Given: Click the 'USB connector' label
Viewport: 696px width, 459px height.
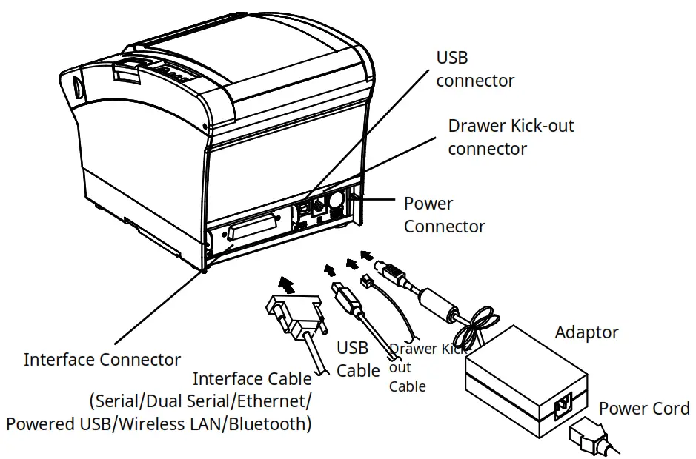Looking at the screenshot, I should point(474,69).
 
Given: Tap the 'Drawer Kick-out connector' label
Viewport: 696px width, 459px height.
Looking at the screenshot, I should point(510,137).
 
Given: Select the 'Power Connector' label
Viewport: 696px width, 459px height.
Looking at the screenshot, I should point(444,215).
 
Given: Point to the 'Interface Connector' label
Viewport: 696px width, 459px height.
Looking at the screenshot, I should point(102,360).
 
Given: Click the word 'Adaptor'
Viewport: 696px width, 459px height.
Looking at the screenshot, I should point(586,333).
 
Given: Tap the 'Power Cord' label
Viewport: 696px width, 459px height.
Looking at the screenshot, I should point(643,408).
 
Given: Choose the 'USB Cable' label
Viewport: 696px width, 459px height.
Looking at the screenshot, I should point(358,359).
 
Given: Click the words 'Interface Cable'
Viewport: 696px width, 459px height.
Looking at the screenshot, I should point(252,379).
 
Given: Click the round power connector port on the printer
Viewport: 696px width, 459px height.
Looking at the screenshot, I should point(333,200).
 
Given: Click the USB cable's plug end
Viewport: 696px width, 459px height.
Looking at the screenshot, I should point(345,293).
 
